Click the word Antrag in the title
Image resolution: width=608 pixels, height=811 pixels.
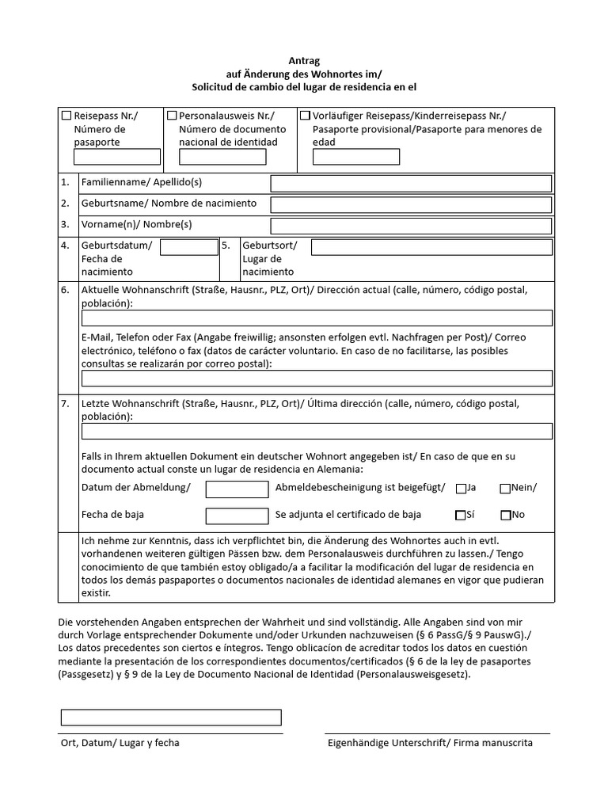pos(304,60)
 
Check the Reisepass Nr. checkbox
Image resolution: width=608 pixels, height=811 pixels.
pos(67,116)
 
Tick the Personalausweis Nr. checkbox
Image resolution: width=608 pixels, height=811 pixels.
pos(172,116)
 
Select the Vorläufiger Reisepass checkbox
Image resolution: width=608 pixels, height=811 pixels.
pos(305,116)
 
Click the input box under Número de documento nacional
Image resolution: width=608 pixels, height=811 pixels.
pos(222,157)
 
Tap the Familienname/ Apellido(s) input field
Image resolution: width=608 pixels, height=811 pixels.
pos(411,184)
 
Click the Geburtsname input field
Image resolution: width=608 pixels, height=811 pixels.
pos(411,204)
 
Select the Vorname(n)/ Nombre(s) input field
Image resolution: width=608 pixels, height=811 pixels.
pos(411,226)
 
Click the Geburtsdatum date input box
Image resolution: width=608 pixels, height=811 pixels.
pos(188,247)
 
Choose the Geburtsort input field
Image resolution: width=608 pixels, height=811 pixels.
pos(431,247)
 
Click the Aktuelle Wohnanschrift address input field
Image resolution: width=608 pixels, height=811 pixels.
pos(317,318)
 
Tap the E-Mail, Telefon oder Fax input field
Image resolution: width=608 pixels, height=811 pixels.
pos(317,378)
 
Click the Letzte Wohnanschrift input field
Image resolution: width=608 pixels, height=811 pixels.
pos(317,431)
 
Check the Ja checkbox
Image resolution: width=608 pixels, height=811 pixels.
pos(461,489)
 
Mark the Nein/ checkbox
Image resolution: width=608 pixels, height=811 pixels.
pos(505,489)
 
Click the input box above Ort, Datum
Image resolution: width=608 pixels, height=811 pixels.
pos(171,717)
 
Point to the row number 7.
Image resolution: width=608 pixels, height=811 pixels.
pos(65,404)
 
